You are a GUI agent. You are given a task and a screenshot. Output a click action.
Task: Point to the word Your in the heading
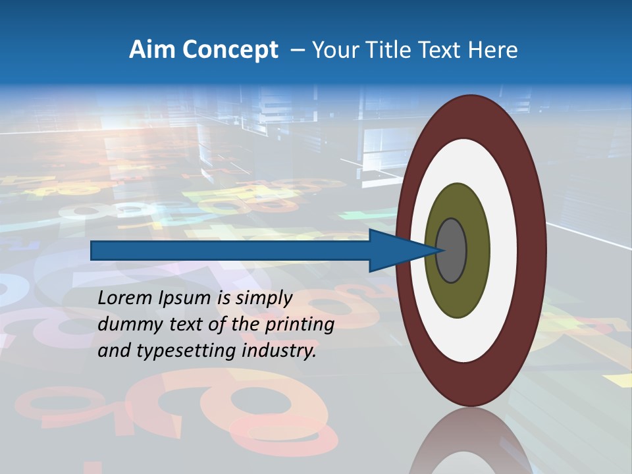[x=333, y=50]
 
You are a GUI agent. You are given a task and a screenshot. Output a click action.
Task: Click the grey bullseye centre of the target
[x=452, y=251]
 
